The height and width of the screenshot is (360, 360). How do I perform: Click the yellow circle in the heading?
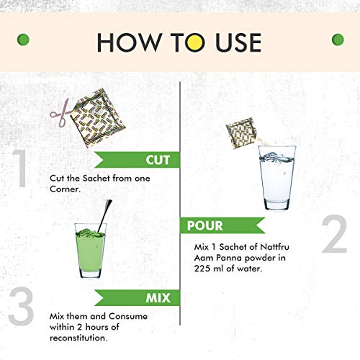click(x=195, y=42)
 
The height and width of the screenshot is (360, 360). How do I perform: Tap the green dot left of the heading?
click(x=23, y=40)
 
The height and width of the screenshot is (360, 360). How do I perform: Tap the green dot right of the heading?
click(x=338, y=40)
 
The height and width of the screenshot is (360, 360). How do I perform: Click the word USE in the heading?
click(x=238, y=42)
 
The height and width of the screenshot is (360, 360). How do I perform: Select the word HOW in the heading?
click(x=129, y=42)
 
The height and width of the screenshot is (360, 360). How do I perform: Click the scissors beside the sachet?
click(x=60, y=113)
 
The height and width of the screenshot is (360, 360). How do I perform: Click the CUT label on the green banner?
click(x=158, y=160)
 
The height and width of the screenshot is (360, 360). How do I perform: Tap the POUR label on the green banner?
click(x=205, y=225)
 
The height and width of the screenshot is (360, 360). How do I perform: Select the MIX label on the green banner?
click(x=158, y=298)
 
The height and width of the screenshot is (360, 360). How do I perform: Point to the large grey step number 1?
click(x=20, y=168)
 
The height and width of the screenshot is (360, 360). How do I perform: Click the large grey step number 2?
click(x=334, y=234)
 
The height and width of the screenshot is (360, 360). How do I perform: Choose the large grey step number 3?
click(x=21, y=307)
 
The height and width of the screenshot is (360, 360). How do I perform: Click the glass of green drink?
click(x=91, y=251)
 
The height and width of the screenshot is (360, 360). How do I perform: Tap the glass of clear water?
click(x=277, y=178)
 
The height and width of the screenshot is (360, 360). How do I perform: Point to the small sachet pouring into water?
click(x=241, y=132)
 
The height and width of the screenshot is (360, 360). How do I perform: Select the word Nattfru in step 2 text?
click(x=274, y=247)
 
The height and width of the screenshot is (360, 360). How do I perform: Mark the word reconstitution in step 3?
click(x=78, y=338)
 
